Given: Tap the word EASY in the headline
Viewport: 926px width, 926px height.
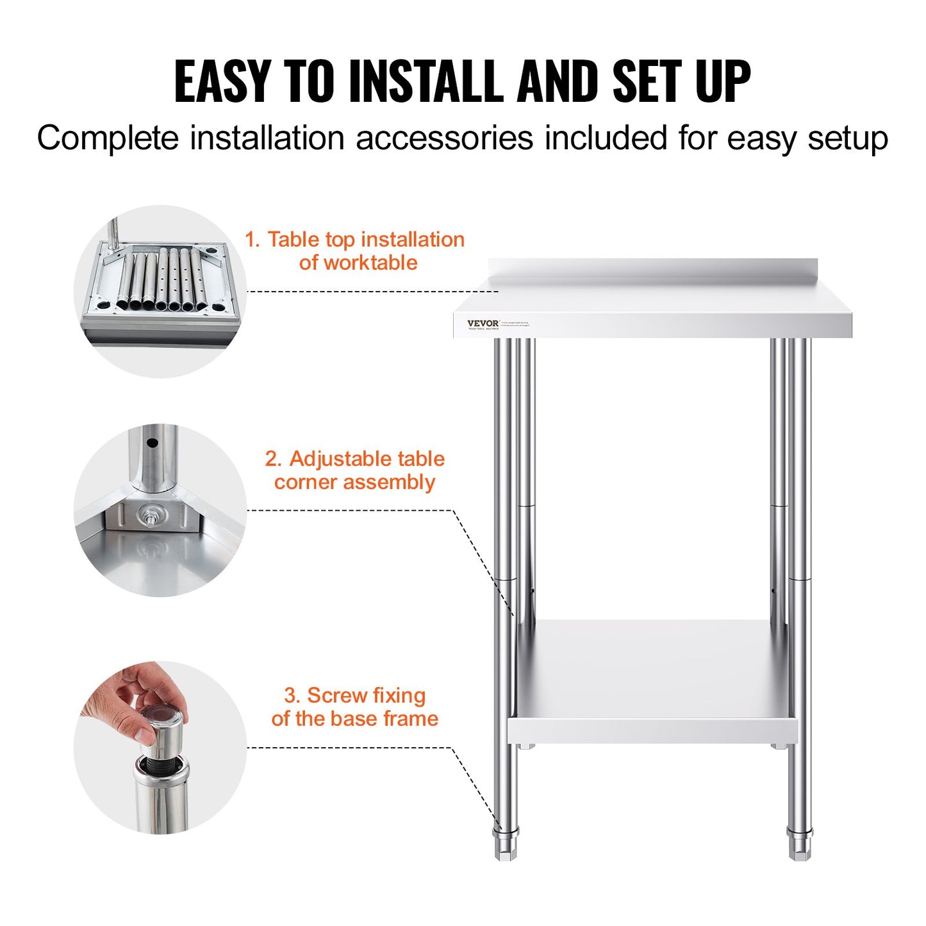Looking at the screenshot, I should coord(222,81).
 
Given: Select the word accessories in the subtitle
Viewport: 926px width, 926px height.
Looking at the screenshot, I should coord(444,138).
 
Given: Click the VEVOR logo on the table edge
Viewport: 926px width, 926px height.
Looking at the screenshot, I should coord(483,324).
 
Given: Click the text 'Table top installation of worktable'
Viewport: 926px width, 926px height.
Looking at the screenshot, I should coord(356,251).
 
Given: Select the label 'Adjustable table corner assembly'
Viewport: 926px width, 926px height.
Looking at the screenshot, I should coord(355,470).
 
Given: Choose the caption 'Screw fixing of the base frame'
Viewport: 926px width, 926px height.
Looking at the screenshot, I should coord(355,707).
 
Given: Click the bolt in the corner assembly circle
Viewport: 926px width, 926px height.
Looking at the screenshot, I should coord(152,514).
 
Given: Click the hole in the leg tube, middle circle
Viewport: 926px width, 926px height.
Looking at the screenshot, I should coord(153,443).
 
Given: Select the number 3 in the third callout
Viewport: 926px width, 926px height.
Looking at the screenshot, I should coord(291,696).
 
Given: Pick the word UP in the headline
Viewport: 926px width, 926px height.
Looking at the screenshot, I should coord(723,81).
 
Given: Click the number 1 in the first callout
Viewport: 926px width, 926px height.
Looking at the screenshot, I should coord(251,240).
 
